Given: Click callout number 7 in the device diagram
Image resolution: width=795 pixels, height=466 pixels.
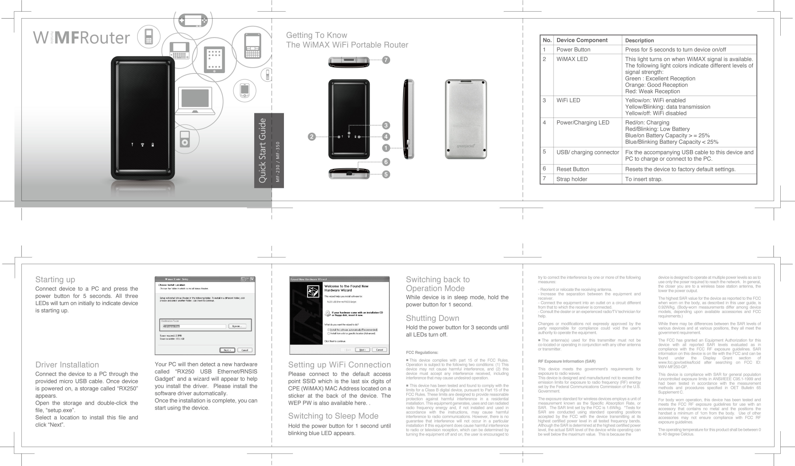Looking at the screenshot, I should (x=386, y=60).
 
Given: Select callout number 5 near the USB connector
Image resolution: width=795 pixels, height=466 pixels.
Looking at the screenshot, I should (x=386, y=174).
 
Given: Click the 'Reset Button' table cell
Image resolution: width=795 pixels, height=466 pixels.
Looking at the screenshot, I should (x=572, y=169).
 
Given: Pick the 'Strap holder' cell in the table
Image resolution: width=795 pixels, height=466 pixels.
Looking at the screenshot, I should (x=571, y=179).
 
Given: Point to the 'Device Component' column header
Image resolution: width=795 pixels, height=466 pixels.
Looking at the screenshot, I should (x=582, y=40).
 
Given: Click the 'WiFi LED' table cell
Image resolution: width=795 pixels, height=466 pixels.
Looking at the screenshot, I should (x=568, y=100).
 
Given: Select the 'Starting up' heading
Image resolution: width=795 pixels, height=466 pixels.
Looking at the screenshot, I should (x=55, y=279).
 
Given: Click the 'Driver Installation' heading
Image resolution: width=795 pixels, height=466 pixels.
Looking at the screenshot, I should (x=67, y=365).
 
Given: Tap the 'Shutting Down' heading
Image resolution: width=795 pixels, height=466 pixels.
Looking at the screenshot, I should (x=432, y=318).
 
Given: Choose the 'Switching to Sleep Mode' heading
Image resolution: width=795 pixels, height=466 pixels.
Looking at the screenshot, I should (x=333, y=416).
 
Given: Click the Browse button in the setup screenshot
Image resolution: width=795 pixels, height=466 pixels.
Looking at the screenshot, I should (x=237, y=326).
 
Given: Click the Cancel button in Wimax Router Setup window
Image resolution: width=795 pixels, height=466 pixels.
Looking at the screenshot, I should (x=245, y=350).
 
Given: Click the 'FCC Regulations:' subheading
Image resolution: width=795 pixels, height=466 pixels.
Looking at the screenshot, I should (x=422, y=352).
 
